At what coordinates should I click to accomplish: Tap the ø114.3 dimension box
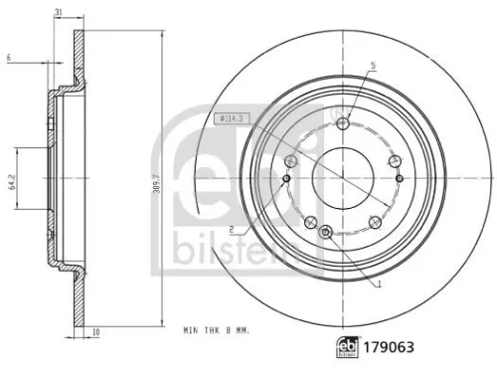pos(232,118)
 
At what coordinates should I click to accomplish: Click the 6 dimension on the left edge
pos(7,58)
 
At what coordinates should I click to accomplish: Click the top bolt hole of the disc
pos(343,122)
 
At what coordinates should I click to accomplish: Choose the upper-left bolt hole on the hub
pos(291,161)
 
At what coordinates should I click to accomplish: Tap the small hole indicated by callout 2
pos(286,179)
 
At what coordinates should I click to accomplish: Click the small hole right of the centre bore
pos(400,179)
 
